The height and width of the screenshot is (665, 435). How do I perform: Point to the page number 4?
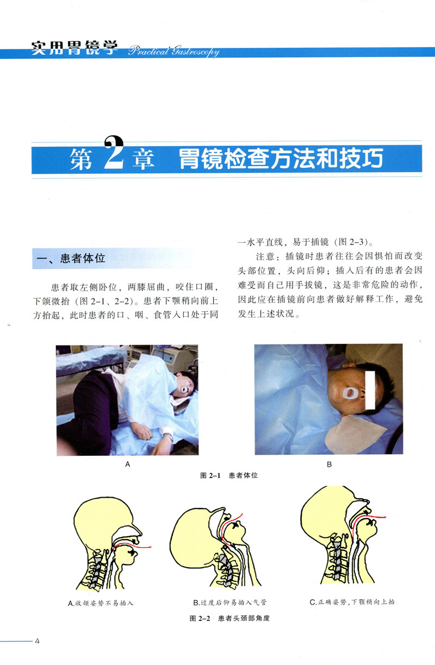(37, 640)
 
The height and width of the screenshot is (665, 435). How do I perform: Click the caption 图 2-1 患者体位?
(228, 475)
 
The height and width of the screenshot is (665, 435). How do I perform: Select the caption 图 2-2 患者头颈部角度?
(229, 618)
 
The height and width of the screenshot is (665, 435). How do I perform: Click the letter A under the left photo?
(128, 465)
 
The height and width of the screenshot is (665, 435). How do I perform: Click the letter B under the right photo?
(329, 465)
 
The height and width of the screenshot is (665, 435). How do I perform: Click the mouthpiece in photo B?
(349, 393)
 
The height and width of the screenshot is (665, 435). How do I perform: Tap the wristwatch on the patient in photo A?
(169, 436)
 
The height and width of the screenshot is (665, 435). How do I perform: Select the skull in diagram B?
(193, 530)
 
